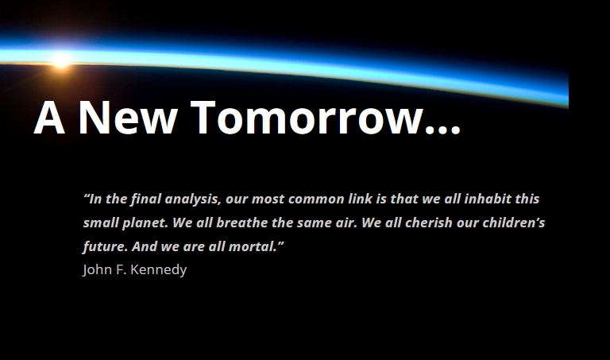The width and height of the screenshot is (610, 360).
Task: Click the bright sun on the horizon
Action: (x=60, y=58)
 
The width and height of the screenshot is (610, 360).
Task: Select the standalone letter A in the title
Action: (x=49, y=118)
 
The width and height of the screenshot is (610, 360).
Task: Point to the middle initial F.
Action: (x=121, y=269)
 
